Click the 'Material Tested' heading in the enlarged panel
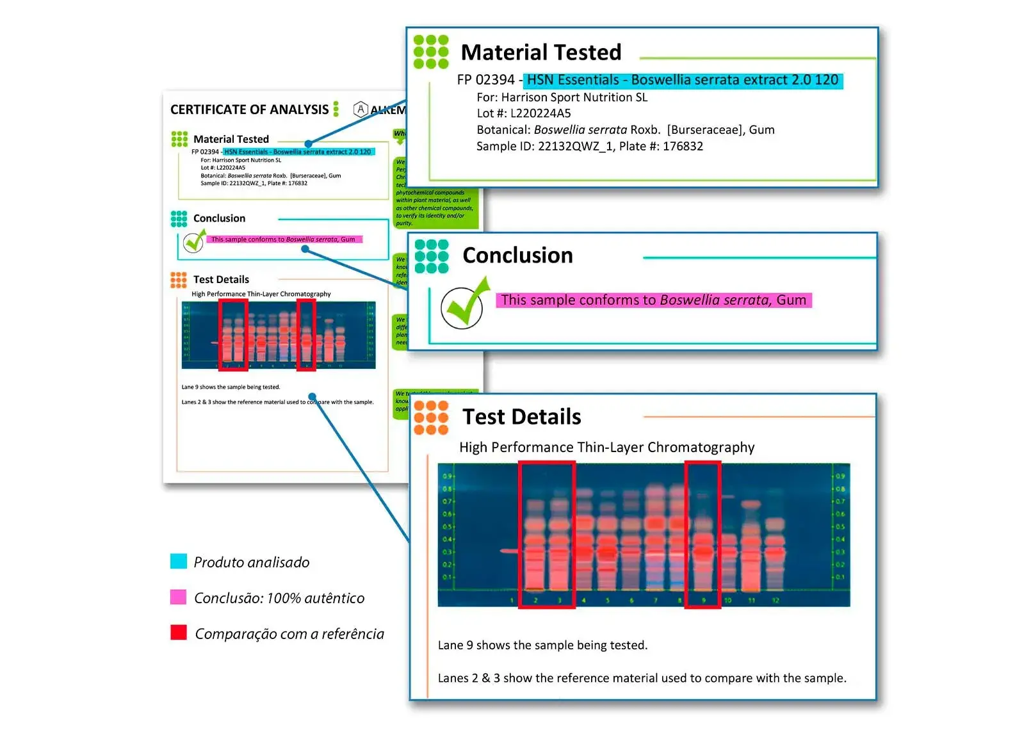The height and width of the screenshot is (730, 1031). [541, 53]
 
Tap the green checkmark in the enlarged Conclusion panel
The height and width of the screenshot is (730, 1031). [464, 305]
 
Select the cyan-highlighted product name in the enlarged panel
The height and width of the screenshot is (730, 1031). [683, 80]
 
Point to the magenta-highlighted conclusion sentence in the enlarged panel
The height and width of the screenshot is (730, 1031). [653, 300]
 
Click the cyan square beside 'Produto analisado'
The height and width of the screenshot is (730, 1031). [179, 562]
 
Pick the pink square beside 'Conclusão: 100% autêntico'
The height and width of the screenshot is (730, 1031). [179, 597]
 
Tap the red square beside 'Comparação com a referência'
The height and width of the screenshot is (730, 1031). [179, 633]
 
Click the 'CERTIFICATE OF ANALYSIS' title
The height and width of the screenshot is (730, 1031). [249, 109]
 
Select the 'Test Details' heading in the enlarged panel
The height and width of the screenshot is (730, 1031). [522, 417]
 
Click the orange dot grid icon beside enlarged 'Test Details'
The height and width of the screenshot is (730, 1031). [431, 418]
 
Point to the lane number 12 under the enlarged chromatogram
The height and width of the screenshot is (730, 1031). [775, 601]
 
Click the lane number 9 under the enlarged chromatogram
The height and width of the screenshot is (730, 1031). [704, 601]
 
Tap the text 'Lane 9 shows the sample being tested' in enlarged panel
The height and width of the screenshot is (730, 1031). [542, 645]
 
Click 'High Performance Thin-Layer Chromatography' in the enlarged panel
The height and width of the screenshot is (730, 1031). [606, 448]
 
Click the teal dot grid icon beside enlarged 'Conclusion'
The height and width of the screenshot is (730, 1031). [432, 256]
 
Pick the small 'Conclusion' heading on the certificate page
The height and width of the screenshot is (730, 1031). [219, 218]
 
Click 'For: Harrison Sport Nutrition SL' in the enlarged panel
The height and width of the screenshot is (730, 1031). [562, 97]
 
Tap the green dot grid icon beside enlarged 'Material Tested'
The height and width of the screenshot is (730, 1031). [431, 52]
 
